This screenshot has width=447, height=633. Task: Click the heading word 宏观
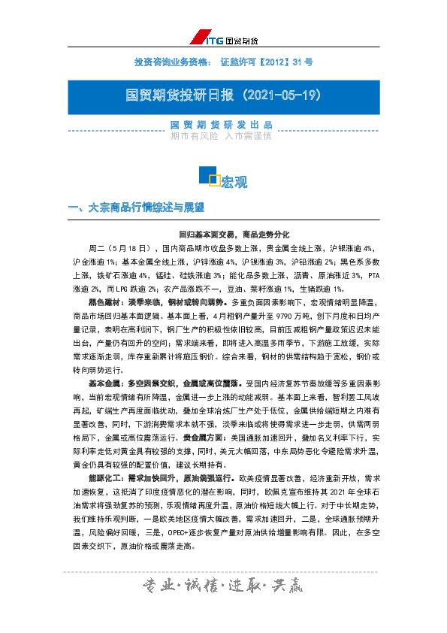coord(234,182)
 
